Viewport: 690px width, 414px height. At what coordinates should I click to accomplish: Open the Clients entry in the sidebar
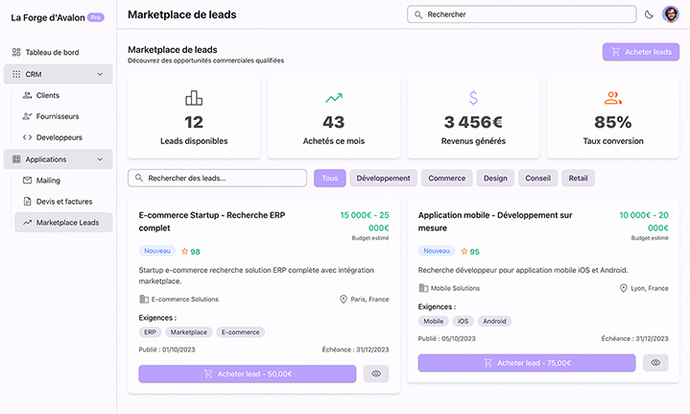point(47,95)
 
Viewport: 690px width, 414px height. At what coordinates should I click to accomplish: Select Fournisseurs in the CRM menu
point(57,116)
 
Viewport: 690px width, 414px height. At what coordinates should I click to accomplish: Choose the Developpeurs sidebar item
point(59,137)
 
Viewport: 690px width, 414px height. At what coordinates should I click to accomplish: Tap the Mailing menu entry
point(48,180)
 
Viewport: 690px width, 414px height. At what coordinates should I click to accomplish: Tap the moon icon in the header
point(649,14)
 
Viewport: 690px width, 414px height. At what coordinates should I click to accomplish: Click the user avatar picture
point(671,14)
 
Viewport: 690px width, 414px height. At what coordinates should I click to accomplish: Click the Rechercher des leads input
point(217,178)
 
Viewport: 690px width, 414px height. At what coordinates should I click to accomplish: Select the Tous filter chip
point(329,178)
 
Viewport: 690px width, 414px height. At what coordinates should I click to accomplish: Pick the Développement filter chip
point(384,178)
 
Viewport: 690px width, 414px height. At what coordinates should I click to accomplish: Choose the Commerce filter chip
point(446,178)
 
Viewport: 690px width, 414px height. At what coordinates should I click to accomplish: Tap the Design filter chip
point(495,178)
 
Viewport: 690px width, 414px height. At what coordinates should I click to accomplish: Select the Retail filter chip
point(579,178)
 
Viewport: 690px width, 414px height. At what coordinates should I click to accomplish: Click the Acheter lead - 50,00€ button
point(248,374)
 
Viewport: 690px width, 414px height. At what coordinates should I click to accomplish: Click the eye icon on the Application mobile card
point(655,363)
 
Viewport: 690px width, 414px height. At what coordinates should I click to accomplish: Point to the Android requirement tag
point(495,321)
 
